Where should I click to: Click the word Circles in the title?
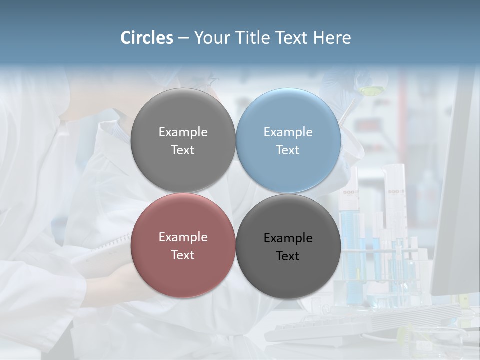[x=147, y=38]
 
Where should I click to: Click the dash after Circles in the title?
[x=183, y=38]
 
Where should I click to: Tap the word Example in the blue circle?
[x=288, y=132]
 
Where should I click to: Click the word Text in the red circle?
[x=183, y=255]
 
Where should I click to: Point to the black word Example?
[x=288, y=238]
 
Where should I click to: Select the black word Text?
[x=288, y=256]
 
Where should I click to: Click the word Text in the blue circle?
[x=288, y=150]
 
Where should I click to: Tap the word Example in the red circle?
[x=183, y=237]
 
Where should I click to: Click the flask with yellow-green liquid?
[x=371, y=90]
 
